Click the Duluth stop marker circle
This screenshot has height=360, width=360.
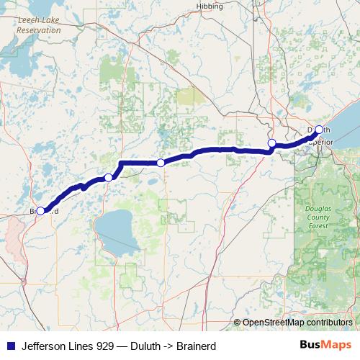tap(319, 130)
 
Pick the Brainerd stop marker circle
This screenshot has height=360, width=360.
tap(41, 211)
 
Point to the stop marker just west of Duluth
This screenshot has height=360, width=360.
tap(272, 143)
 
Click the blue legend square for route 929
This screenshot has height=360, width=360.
tap(9, 346)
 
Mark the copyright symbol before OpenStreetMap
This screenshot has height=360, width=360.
tap(237, 323)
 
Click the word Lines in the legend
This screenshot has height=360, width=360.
tap(83, 346)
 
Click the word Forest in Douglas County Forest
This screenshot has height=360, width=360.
tap(314, 225)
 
